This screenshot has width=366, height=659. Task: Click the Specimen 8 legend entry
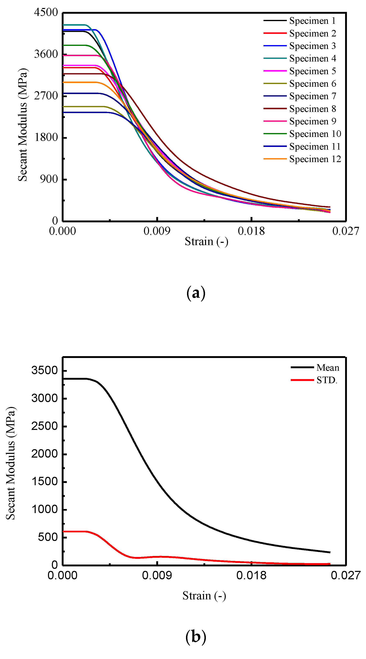[x=312, y=109]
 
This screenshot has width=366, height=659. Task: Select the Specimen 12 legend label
[x=315, y=159]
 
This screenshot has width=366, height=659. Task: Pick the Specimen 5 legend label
[x=312, y=71]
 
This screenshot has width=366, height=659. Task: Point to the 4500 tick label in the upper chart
[x=46, y=12]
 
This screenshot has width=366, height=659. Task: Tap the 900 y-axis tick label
[x=49, y=179]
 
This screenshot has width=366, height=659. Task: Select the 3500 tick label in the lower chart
[x=44, y=370]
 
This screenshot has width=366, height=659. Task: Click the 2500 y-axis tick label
[x=44, y=426]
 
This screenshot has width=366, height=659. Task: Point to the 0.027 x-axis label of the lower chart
[x=345, y=576]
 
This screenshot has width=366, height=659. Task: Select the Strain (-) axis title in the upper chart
[x=206, y=242]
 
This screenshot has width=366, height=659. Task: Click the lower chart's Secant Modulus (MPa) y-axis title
[x=11, y=463]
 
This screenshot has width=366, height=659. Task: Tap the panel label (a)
[x=196, y=293]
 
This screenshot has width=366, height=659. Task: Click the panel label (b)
[x=196, y=637]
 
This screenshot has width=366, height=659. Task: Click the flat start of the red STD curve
[x=74, y=532]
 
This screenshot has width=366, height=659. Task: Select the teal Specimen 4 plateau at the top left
[x=74, y=25]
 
